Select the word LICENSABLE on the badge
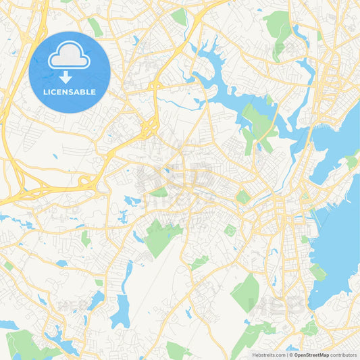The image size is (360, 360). pos(70,92)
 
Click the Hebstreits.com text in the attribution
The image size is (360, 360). pos(269,355)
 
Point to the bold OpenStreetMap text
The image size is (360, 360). pos(311,355)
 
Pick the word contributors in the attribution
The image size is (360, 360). pos(344,355)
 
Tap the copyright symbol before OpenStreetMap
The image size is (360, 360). pos(290,355)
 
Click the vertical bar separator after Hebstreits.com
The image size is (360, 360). pos(286,355)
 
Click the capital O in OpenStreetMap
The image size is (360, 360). pos(295,355)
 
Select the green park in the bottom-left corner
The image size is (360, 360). pos(27,344)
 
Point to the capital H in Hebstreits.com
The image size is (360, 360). pos(253,355)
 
